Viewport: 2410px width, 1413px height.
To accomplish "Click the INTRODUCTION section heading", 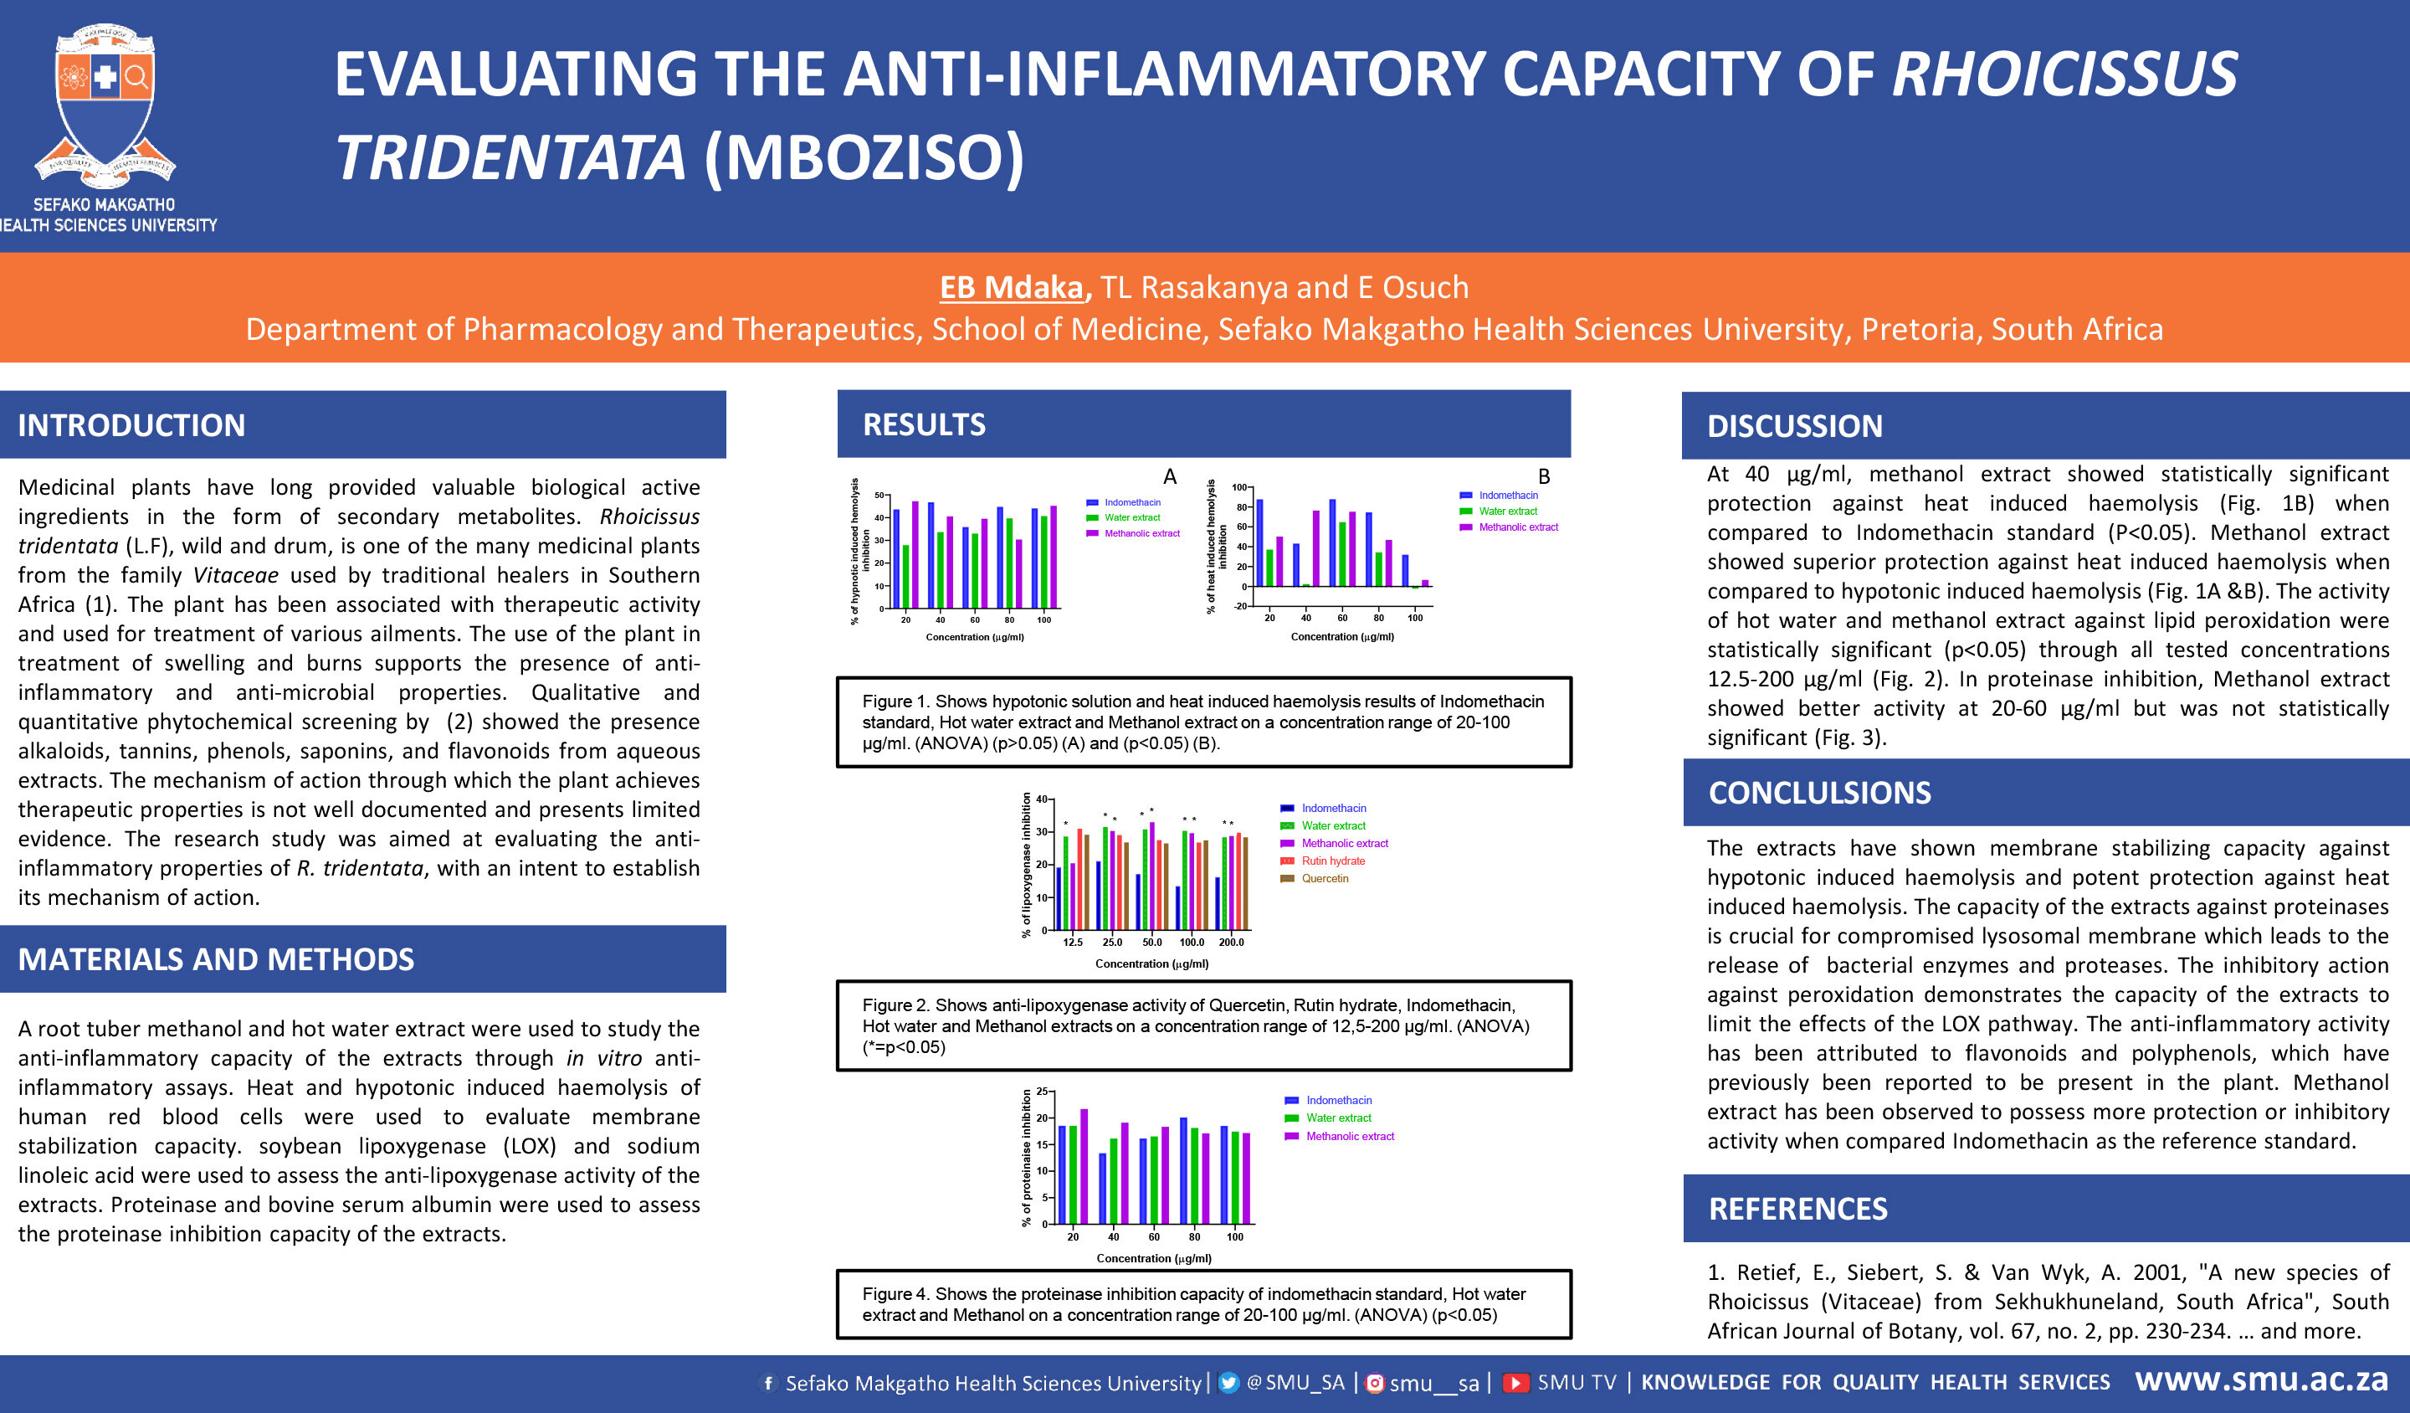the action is [x=131, y=424].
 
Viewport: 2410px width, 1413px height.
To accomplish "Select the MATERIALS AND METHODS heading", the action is [x=216, y=958].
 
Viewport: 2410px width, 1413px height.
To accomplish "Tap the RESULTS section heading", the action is [x=924, y=424].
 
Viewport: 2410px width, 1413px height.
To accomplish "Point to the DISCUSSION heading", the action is [x=1795, y=426].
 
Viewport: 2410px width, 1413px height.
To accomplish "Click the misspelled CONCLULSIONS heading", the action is [x=1820, y=792].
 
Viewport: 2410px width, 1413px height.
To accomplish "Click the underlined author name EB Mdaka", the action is [x=1012, y=287].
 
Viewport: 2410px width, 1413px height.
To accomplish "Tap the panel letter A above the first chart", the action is [x=1170, y=476].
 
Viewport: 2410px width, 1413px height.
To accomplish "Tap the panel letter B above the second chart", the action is [x=1544, y=476].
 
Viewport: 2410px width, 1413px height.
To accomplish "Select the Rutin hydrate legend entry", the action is [x=1324, y=861].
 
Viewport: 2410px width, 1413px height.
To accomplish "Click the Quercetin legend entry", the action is [x=1315, y=878].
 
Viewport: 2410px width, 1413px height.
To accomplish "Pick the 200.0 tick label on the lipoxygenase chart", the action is [x=1232, y=943].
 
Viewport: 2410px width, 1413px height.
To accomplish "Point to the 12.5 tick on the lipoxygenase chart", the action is [x=1073, y=943].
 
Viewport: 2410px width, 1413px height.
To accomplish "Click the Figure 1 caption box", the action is [x=1204, y=722].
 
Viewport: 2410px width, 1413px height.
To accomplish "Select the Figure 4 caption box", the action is [x=1204, y=1304].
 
